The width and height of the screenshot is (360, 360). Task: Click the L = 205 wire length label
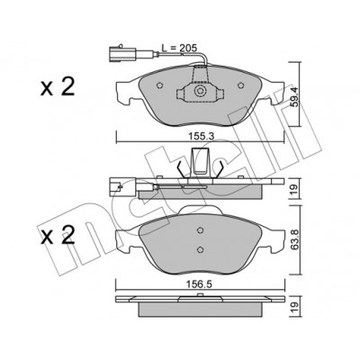(x=179, y=48)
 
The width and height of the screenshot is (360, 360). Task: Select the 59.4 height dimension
(x=294, y=96)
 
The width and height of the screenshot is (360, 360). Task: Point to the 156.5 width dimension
(x=199, y=284)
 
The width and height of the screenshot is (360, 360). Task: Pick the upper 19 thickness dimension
(x=294, y=189)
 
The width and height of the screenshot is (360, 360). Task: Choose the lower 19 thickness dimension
(x=294, y=307)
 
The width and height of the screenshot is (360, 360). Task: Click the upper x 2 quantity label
(x=58, y=87)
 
